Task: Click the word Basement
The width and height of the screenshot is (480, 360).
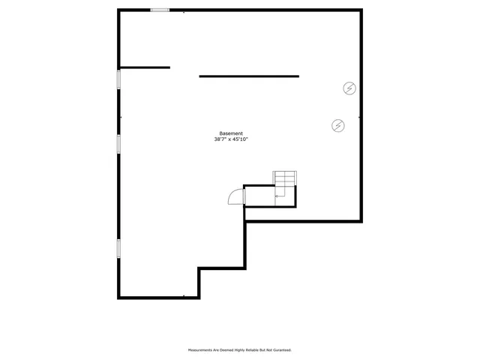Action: click(231, 133)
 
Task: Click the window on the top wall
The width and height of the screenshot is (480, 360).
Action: click(160, 10)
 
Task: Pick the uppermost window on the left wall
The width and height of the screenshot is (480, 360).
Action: click(118, 79)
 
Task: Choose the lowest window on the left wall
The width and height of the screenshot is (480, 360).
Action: click(118, 248)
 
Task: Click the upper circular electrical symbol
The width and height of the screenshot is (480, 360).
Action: click(349, 88)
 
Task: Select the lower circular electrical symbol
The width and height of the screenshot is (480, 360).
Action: click(338, 125)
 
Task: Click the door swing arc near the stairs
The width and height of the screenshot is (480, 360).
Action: click(235, 196)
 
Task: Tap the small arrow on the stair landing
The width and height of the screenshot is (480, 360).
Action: click(277, 196)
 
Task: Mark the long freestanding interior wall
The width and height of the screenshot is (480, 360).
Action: click(249, 76)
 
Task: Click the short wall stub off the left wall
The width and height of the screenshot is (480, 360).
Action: click(145, 67)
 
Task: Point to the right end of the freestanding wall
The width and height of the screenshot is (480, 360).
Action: click(298, 76)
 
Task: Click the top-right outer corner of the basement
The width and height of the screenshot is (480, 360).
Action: click(361, 10)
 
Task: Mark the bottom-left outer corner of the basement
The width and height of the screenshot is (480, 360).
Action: click(118, 298)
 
